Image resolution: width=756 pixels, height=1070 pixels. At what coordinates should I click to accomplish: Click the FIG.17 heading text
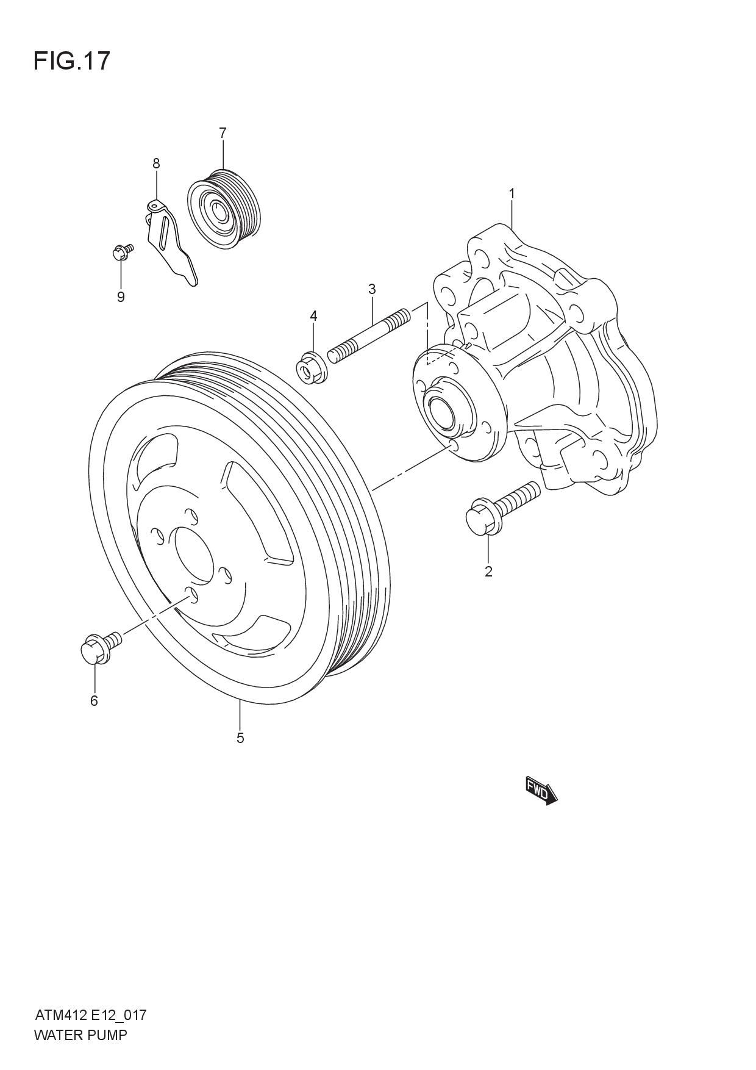pos(72,61)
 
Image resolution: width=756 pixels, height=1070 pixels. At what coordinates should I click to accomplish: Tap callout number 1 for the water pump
pos(512,193)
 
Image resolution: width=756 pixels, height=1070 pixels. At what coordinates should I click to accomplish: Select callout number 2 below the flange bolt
pos(488,572)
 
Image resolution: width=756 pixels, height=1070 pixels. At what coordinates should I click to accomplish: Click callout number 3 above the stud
pos(372,289)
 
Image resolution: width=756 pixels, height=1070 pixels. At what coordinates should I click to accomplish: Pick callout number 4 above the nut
pos(313,315)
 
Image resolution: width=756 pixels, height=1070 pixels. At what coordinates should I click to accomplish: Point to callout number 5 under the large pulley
pos(240,738)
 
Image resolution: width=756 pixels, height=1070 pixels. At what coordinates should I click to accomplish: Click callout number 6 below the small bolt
pos(94,701)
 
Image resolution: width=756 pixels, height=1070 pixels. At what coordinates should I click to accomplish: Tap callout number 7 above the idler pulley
pos(223,132)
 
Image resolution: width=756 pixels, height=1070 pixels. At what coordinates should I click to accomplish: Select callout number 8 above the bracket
pos(156,163)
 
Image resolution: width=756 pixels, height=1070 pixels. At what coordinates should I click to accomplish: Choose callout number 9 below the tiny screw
pos(121,297)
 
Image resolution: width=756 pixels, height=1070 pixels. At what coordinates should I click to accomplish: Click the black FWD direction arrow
pos(542,791)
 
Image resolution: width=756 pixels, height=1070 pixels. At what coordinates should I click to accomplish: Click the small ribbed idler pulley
pos(224,209)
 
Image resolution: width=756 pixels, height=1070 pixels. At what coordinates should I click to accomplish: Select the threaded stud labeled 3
pos(369,336)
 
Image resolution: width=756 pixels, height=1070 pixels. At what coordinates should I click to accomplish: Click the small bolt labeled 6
pos(100,647)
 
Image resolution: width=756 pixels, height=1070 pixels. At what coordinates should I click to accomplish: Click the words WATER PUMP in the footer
pos(80,1035)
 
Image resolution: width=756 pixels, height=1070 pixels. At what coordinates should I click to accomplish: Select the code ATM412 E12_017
pos(91,1015)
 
